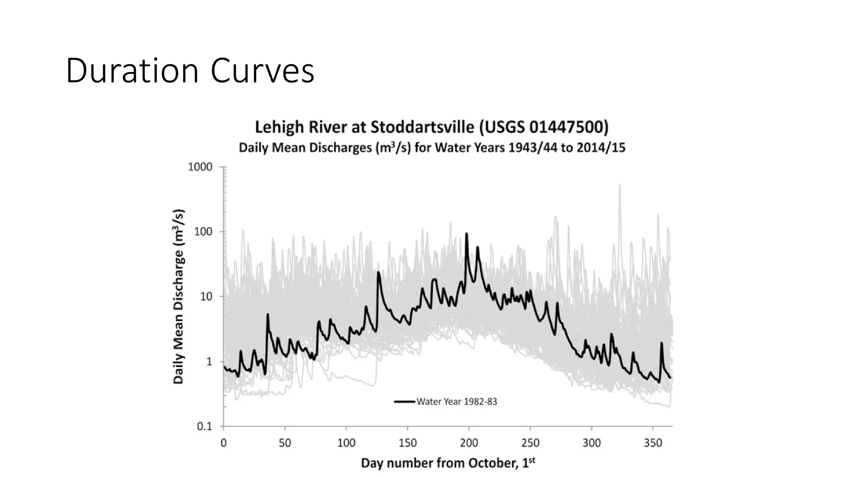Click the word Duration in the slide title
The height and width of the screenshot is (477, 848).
[x=132, y=71]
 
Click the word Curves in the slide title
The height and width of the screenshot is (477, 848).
[x=263, y=71]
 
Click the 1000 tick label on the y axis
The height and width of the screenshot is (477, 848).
[x=200, y=167]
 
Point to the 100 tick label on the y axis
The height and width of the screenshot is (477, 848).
[x=203, y=232]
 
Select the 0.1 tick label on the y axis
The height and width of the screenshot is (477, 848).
[x=204, y=426]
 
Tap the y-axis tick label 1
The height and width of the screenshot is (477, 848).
[x=209, y=361]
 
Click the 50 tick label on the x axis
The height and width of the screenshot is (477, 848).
[x=284, y=443]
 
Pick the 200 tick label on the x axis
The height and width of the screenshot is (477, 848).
[x=469, y=443]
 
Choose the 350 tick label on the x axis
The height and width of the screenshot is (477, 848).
[x=653, y=443]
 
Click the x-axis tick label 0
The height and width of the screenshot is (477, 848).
[x=224, y=443]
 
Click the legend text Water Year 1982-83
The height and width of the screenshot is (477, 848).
[x=457, y=402]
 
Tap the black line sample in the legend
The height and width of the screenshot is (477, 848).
[x=405, y=402]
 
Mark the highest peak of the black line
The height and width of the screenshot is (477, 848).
[x=467, y=234]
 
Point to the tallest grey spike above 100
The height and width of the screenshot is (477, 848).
[x=620, y=185]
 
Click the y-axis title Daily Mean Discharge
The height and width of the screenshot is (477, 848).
[x=178, y=296]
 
